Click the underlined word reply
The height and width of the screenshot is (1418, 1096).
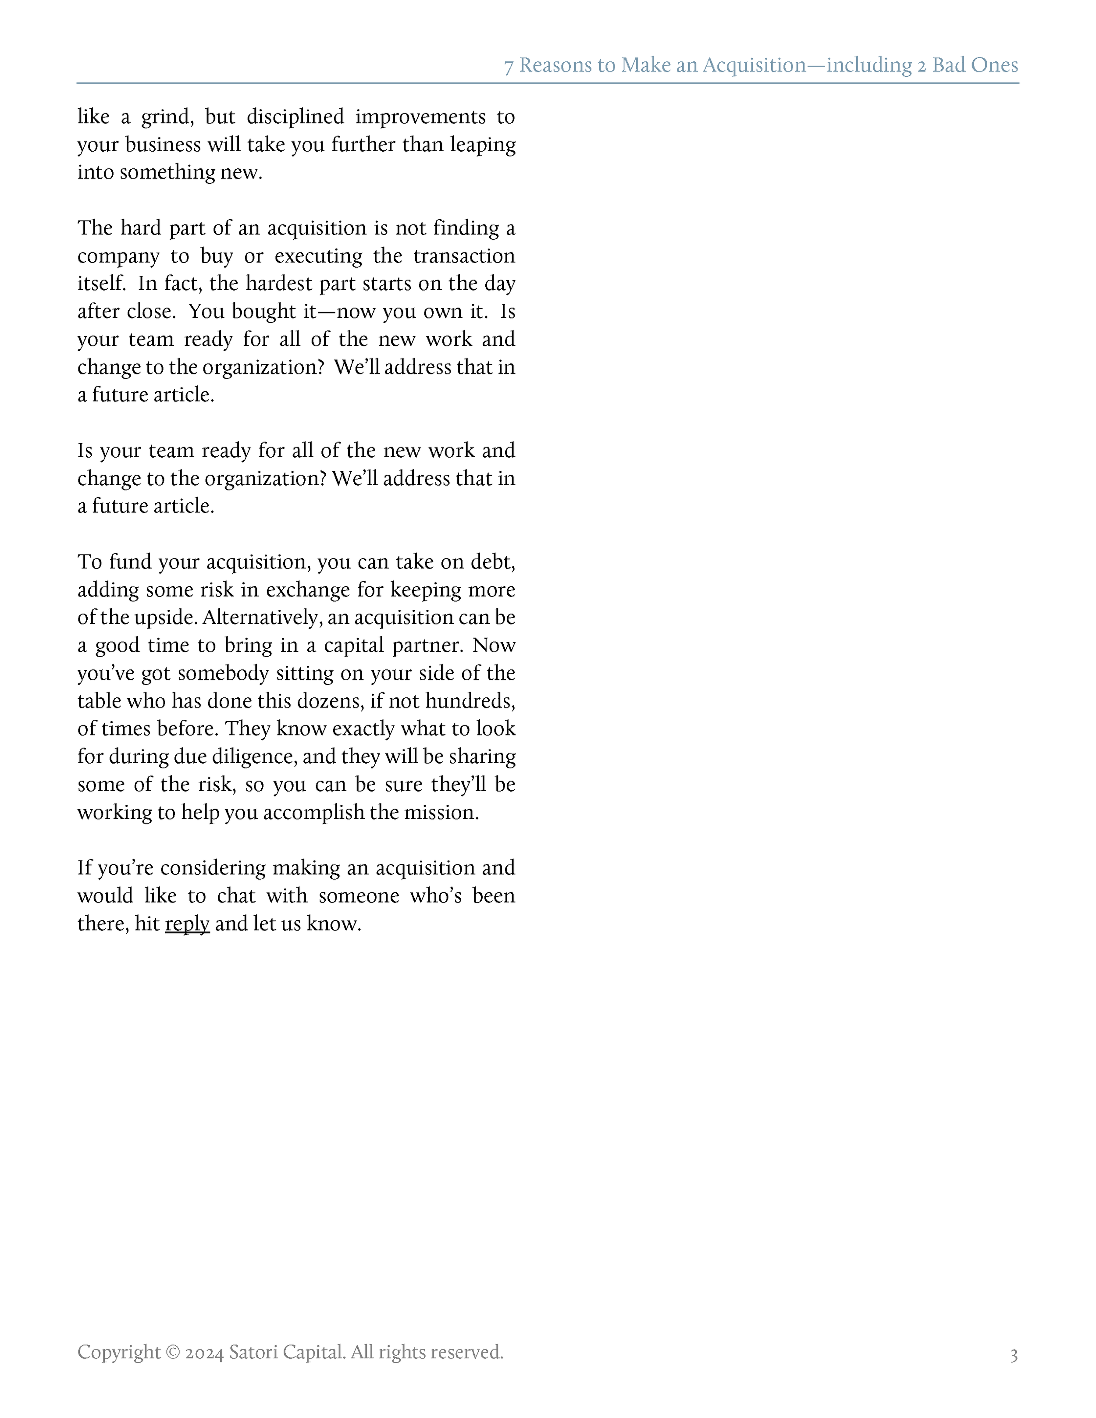pyautogui.click(x=187, y=924)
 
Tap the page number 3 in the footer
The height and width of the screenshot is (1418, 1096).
pyautogui.click(x=1014, y=1355)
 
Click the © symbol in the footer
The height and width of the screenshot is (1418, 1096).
pyautogui.click(x=173, y=1352)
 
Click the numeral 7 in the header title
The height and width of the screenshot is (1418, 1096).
pyautogui.click(x=509, y=66)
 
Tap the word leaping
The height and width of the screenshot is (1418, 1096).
pyautogui.click(x=483, y=145)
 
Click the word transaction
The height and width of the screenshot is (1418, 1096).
pyautogui.click(x=464, y=256)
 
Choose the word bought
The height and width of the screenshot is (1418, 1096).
pyautogui.click(x=263, y=312)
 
